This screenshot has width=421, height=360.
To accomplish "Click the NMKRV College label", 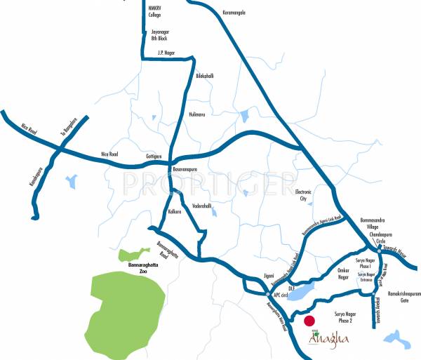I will tap(156, 11).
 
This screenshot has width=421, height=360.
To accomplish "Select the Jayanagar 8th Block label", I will tap(161, 35).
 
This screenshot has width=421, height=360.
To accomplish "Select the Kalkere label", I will tap(175, 211).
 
